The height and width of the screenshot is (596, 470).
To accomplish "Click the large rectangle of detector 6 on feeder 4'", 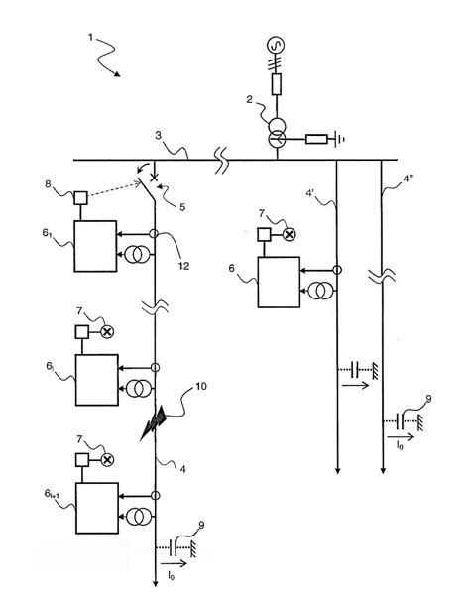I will pyautogui.click(x=283, y=282).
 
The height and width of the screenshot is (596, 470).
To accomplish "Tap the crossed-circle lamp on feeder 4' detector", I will pyautogui.click(x=289, y=235).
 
